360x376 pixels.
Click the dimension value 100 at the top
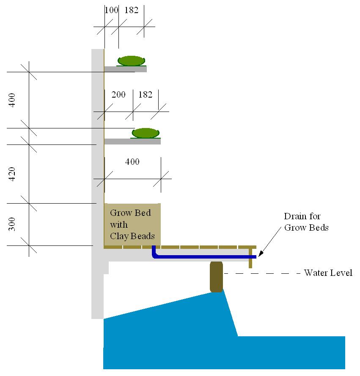[111, 10]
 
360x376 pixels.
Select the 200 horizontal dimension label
[118, 95]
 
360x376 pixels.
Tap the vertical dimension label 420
[13, 174]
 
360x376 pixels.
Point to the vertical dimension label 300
[13, 224]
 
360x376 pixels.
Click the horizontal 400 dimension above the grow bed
[132, 161]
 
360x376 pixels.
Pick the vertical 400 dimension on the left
[13, 100]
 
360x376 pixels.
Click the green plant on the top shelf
[132, 61]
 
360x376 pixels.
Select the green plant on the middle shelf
[146, 133]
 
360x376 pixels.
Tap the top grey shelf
[126, 69]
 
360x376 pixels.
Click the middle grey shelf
[132, 142]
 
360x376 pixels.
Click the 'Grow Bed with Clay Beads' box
[132, 224]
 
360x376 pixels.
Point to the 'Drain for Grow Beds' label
[306, 222]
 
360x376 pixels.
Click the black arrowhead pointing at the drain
[260, 254]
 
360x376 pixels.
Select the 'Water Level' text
[328, 273]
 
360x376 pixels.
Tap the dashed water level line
[262, 274]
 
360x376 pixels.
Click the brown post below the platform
[216, 277]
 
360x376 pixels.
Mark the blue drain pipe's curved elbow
[155, 255]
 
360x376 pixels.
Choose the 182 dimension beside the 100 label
[131, 10]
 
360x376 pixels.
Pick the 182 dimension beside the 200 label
[145, 95]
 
